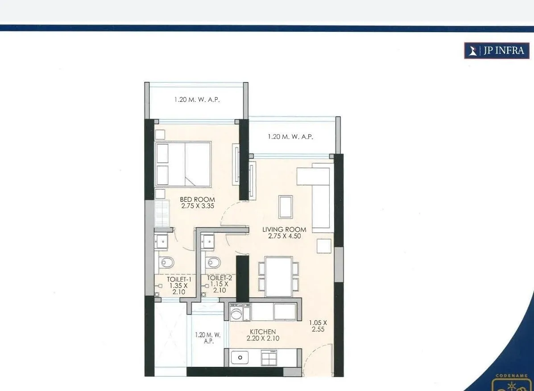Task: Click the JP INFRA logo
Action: coord(497,51)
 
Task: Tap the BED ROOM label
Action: coord(197,200)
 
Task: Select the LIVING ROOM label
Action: coord(284,229)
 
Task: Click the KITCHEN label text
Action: coord(263,332)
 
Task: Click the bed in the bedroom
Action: coord(183,164)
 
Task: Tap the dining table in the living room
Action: coord(278,276)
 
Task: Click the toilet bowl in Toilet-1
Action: coord(166,262)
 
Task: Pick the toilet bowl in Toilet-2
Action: coord(212,262)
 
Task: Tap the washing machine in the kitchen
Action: coord(240,311)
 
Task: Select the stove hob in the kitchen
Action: coord(269,358)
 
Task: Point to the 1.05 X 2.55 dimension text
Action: coord(319,326)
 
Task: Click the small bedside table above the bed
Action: coord(160,135)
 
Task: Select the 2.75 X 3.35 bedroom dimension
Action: coord(197,206)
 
